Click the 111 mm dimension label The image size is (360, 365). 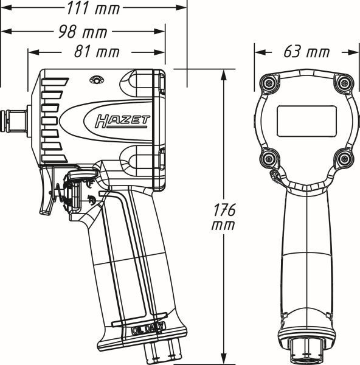tap(93, 9)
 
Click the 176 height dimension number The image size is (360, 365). tap(226, 210)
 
